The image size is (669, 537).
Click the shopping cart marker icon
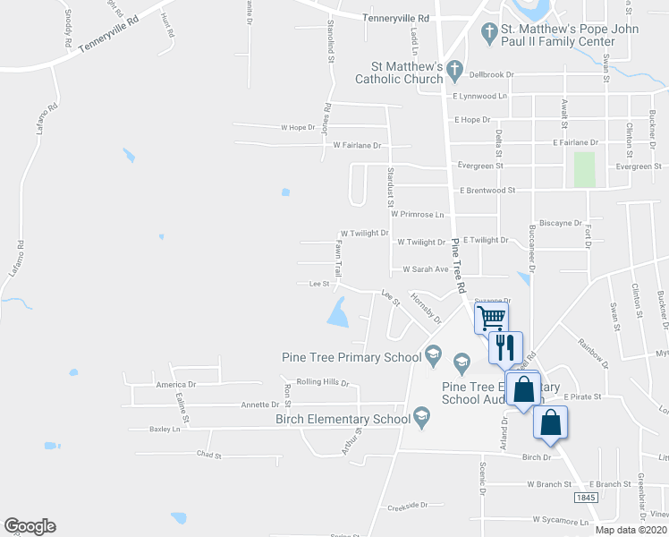click(491, 317)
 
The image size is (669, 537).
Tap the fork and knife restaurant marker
click(506, 345)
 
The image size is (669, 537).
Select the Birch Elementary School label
click(342, 419)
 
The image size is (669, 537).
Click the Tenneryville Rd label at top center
click(396, 18)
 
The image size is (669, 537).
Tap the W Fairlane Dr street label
click(357, 145)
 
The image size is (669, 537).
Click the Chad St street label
click(207, 455)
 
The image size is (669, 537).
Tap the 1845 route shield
click(587, 498)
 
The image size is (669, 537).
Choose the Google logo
click(30, 526)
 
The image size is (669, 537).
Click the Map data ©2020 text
click(631, 529)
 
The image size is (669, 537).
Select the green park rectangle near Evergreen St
click(584, 169)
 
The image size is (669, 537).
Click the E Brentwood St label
click(487, 190)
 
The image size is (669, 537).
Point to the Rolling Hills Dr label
click(323, 382)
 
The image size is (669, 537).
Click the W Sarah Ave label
click(425, 268)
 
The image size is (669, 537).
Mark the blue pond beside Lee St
click(338, 313)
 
